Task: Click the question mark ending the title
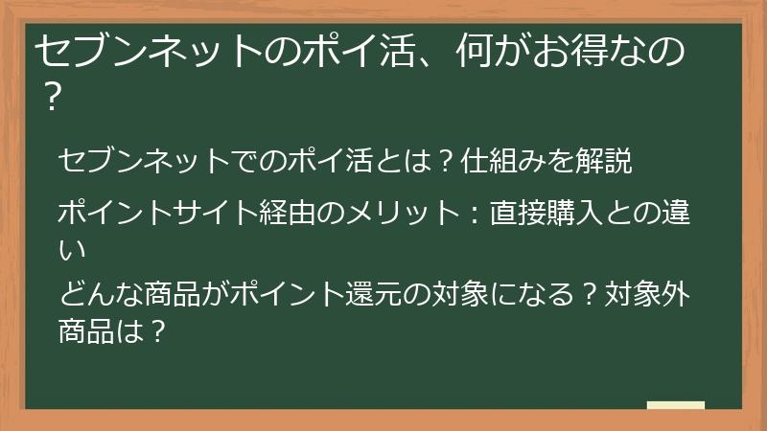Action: click(52, 97)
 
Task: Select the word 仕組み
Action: click(502, 160)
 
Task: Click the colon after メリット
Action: click(473, 214)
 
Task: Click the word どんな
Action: click(102, 294)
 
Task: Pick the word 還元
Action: click(374, 294)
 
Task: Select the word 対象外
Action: click(647, 294)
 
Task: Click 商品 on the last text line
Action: click(86, 331)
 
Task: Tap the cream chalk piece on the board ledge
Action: click(676, 405)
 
